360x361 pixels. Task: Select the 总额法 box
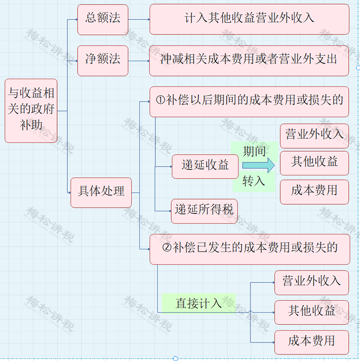[102, 19]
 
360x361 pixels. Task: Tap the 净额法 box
[102, 60]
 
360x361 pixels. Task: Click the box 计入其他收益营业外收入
[249, 19]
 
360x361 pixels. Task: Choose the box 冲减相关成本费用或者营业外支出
[249, 60]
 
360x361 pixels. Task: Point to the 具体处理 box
[101, 192]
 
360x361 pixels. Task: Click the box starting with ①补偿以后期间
[249, 101]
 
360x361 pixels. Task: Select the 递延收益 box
[205, 166]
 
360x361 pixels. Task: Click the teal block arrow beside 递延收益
[259, 166]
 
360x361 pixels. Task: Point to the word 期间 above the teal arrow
[254, 151]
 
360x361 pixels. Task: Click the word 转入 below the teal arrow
[254, 181]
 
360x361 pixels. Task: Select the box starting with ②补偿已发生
[249, 248]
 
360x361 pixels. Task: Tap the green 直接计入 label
[198, 303]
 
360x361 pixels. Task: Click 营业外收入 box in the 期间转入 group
[314, 135]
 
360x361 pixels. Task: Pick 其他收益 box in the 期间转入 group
[314, 163]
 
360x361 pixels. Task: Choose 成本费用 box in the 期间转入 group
[314, 191]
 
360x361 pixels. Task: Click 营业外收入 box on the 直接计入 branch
[311, 282]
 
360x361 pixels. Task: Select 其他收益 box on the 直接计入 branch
[311, 311]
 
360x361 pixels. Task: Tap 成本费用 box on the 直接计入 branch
[311, 341]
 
